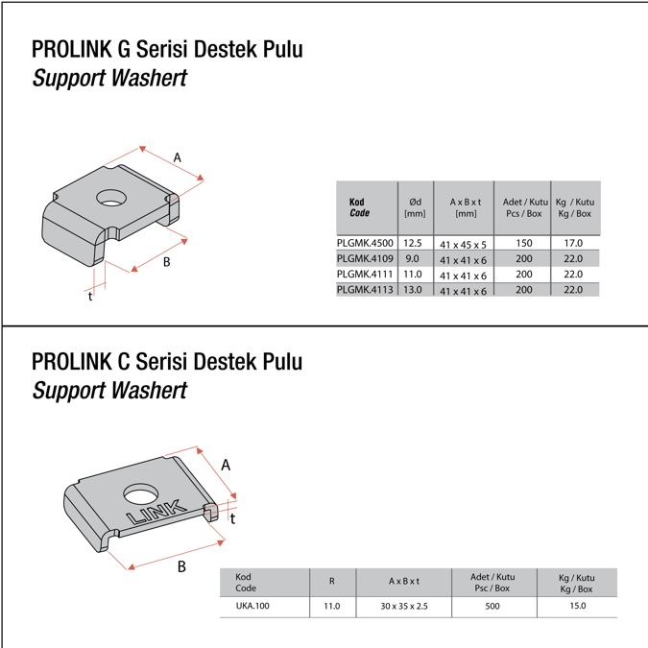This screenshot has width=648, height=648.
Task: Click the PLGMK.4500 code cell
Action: pyautogui.click(x=365, y=244)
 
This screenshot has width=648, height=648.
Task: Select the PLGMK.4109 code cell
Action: pyautogui.click(x=365, y=259)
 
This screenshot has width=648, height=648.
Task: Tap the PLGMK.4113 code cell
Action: pyautogui.click(x=365, y=289)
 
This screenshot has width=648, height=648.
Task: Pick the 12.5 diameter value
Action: pyautogui.click(x=413, y=244)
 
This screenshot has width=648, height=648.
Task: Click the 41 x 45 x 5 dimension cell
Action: pyautogui.click(x=463, y=245)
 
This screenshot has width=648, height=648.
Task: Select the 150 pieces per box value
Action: pyautogui.click(x=523, y=244)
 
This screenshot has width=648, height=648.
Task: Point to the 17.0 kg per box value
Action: pyautogui.click(x=573, y=244)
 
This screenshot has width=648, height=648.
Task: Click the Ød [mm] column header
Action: pyautogui.click(x=415, y=207)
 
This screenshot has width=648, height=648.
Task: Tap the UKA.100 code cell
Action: pyautogui.click(x=252, y=607)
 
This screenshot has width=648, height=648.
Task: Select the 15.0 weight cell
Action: pyautogui.click(x=576, y=607)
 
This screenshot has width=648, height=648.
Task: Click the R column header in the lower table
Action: pyautogui.click(x=332, y=582)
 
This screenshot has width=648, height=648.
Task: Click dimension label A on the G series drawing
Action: pyautogui.click(x=178, y=157)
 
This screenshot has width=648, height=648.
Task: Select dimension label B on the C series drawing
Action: pyautogui.click(x=181, y=566)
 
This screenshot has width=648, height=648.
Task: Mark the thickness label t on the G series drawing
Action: pyautogui.click(x=90, y=297)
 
